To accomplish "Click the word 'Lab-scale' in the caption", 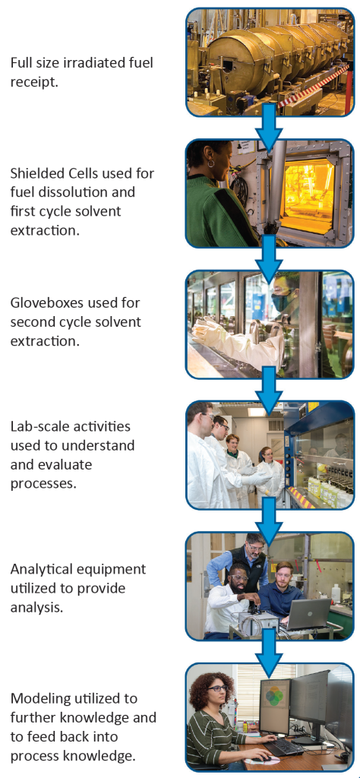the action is tap(39, 426).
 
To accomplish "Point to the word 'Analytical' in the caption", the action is tap(41, 568).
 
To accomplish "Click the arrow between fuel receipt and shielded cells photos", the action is tap(270, 128).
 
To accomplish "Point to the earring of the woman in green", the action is tap(210, 163).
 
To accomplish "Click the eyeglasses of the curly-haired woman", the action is tap(218, 688).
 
